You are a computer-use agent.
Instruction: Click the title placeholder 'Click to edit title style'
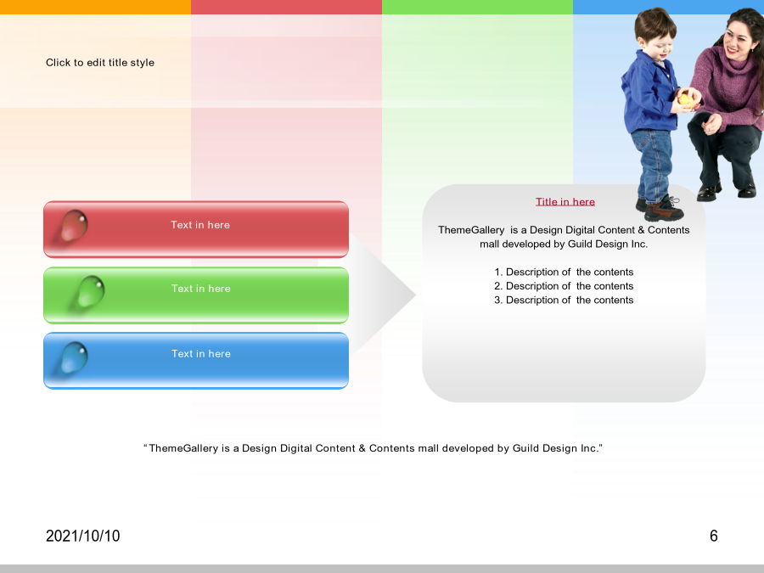click(100, 62)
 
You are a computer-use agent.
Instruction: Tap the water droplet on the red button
click(74, 226)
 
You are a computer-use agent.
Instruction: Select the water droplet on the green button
click(91, 291)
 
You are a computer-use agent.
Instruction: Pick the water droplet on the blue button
click(74, 357)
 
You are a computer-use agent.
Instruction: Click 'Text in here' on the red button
click(200, 225)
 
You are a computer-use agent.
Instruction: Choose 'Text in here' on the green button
click(200, 289)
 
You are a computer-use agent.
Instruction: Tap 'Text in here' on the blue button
click(200, 354)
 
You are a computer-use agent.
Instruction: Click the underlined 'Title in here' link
click(565, 202)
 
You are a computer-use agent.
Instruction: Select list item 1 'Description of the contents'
click(564, 272)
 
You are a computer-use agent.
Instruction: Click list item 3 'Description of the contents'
click(564, 301)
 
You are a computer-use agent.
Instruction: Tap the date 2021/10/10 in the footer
click(83, 536)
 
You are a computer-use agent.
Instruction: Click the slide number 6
click(714, 536)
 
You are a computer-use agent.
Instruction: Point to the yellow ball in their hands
click(684, 99)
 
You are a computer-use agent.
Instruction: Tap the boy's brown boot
click(664, 210)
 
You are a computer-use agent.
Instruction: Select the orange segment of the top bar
click(95, 7)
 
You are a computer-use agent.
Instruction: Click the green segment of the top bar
click(477, 7)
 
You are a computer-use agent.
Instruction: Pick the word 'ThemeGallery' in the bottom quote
click(183, 448)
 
